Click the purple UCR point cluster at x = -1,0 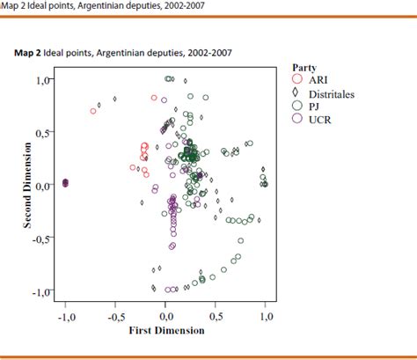point(65,183)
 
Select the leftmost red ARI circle point(93,111)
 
